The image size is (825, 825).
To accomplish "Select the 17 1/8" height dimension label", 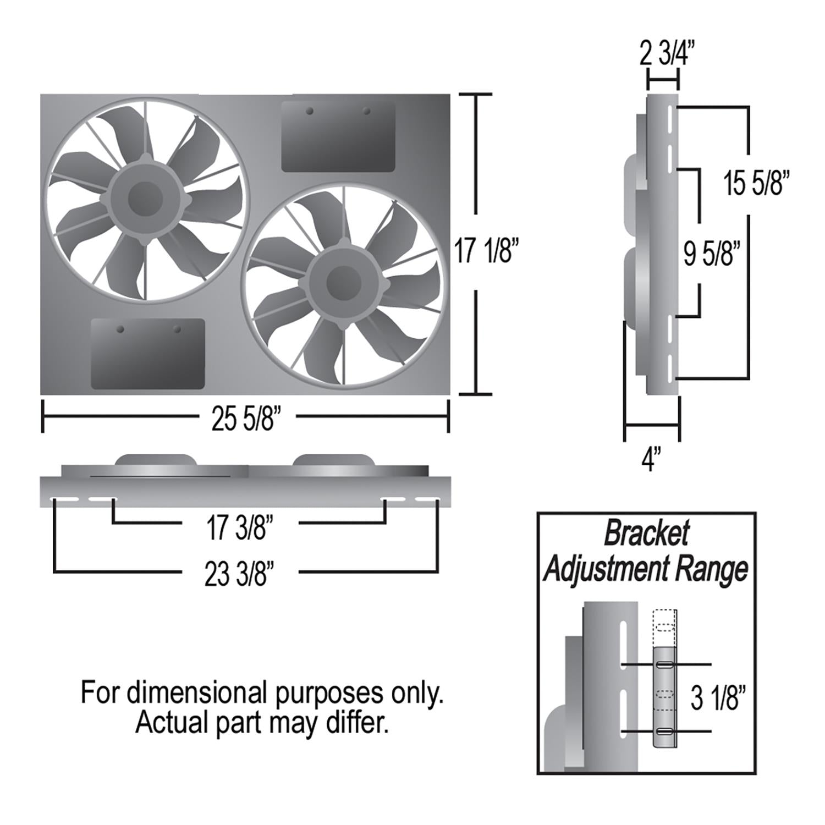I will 486,251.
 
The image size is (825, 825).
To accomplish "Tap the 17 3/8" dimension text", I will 240,528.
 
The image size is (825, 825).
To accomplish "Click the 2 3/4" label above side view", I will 667,54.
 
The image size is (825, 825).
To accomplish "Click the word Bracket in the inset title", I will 646,533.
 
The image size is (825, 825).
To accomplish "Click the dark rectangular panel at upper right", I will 338,137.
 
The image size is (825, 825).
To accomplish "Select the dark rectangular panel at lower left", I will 147,354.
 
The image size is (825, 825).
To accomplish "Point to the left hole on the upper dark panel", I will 310,112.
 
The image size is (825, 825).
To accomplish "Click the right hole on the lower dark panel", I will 177,329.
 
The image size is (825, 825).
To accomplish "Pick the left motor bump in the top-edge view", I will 156,460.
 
